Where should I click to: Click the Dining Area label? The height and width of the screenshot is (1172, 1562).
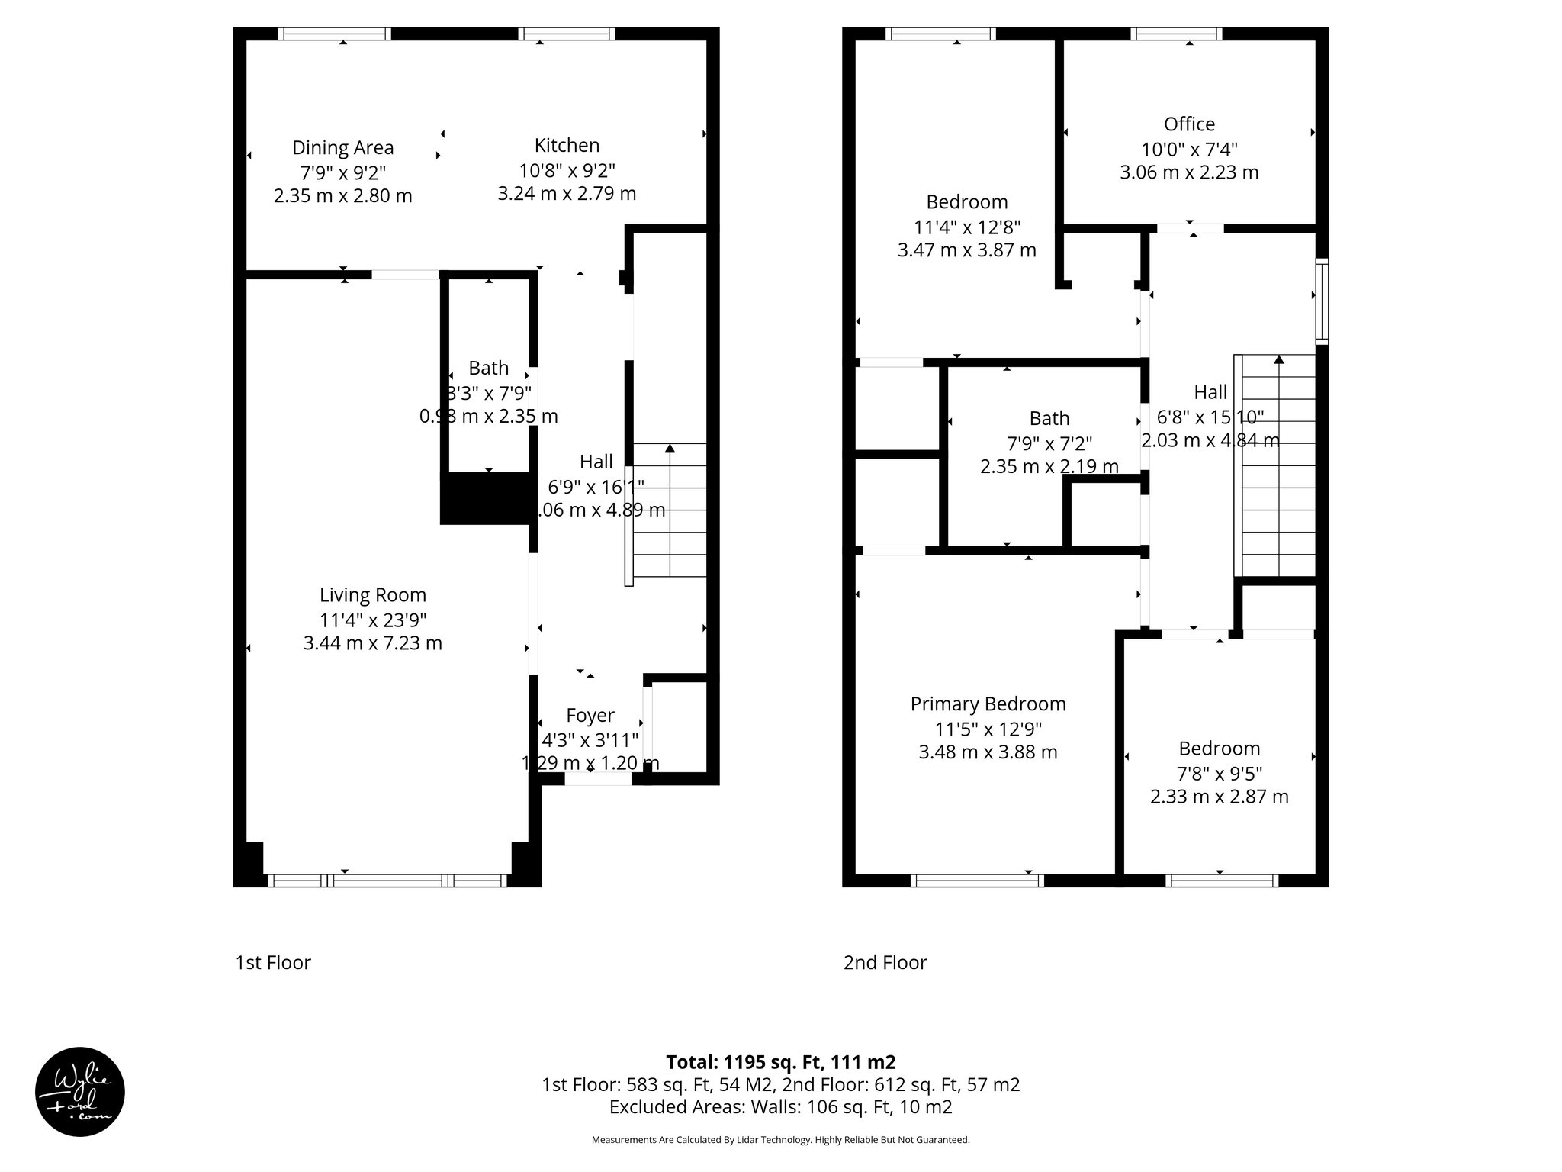[x=342, y=147]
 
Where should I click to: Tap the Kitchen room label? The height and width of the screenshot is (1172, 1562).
[x=567, y=145]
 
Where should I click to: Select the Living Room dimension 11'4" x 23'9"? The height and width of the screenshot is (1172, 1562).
[x=372, y=620]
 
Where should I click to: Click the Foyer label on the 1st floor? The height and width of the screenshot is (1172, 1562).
[x=590, y=715]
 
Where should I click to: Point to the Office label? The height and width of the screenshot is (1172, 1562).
[x=1189, y=124]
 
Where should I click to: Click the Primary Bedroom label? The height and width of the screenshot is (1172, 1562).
[x=988, y=704]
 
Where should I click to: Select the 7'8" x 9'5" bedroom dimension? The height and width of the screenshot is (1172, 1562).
[x=1219, y=773]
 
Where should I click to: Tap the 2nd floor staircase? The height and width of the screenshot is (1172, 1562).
[x=1278, y=465]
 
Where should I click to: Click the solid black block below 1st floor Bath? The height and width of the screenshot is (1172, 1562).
[x=485, y=497]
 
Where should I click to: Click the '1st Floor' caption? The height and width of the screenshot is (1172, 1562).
[x=273, y=962]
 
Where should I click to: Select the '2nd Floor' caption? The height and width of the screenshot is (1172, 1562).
[x=885, y=962]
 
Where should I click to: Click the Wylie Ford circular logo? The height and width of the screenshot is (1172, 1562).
[x=80, y=1092]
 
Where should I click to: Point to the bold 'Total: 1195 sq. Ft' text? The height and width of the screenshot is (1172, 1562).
[x=780, y=1062]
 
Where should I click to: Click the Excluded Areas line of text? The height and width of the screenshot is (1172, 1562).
[x=780, y=1106]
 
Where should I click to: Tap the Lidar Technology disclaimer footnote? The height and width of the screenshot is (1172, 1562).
[x=780, y=1140]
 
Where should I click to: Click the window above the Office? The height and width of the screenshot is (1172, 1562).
[x=1175, y=34]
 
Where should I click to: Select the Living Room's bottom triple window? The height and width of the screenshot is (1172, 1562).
[x=387, y=881]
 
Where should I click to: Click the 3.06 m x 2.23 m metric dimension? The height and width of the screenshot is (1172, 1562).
[x=1189, y=172]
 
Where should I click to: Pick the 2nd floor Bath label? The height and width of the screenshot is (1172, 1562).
[x=1049, y=418]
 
